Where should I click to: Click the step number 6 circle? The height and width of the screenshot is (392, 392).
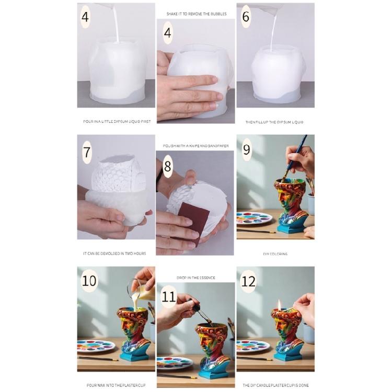pyautogui.click(x=246, y=16)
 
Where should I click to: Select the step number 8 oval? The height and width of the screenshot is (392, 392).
pyautogui.click(x=167, y=167)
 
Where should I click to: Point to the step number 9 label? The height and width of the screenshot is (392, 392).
pyautogui.click(x=246, y=150)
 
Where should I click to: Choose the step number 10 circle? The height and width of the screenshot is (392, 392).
pyautogui.click(x=89, y=281)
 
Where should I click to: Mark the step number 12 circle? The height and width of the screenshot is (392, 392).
pyautogui.click(x=248, y=282)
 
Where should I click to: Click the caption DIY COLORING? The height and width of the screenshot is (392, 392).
pyautogui.click(x=275, y=254)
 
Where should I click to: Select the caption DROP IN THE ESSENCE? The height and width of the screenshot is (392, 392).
pyautogui.click(x=195, y=278)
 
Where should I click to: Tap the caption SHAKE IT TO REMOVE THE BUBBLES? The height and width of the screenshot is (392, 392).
pyautogui.click(x=196, y=14)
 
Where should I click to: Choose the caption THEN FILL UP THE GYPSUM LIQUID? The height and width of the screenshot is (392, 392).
pyautogui.click(x=274, y=122)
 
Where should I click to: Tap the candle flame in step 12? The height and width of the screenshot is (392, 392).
pyautogui.click(x=280, y=303)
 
